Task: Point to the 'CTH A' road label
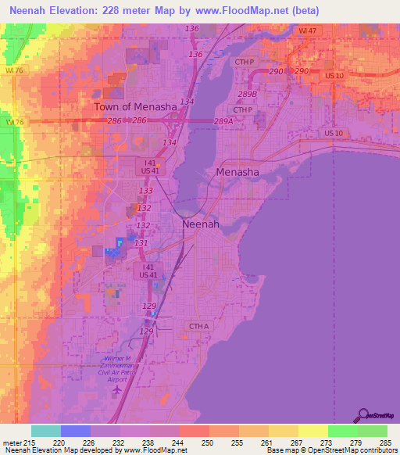coord(199,325)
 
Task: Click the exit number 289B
coord(247,94)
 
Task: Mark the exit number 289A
coord(224,121)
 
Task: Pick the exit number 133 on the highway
coord(145,191)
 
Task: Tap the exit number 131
coord(141,243)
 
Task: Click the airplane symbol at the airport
coord(118,389)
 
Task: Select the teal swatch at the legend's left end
coord(46,431)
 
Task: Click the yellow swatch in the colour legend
coord(313,431)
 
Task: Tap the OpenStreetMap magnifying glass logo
coord(362,414)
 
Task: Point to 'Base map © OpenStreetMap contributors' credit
coord(331,450)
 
